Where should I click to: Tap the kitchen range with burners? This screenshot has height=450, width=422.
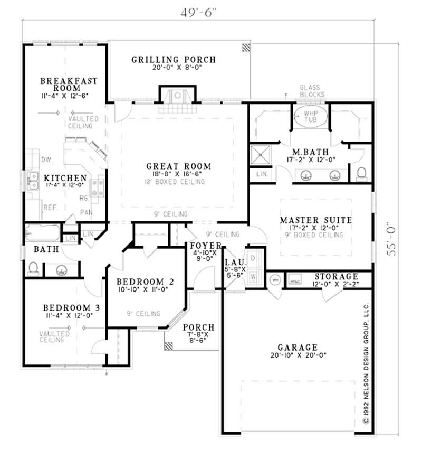coord(98,186)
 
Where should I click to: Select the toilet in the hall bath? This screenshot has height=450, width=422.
coord(33,268)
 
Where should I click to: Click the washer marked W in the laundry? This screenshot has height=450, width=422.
coord(252,275)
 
